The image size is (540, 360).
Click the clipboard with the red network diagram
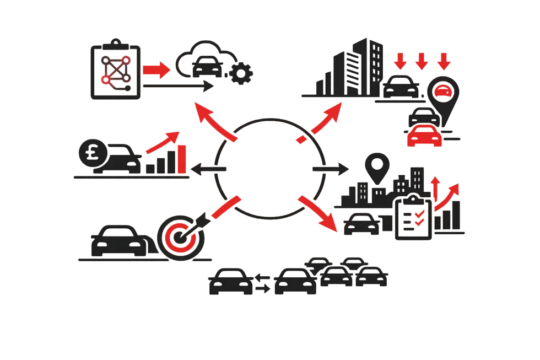coord(115,70)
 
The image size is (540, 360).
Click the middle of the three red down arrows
coord(422,61)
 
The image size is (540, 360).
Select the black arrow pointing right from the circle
coord(330,166)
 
